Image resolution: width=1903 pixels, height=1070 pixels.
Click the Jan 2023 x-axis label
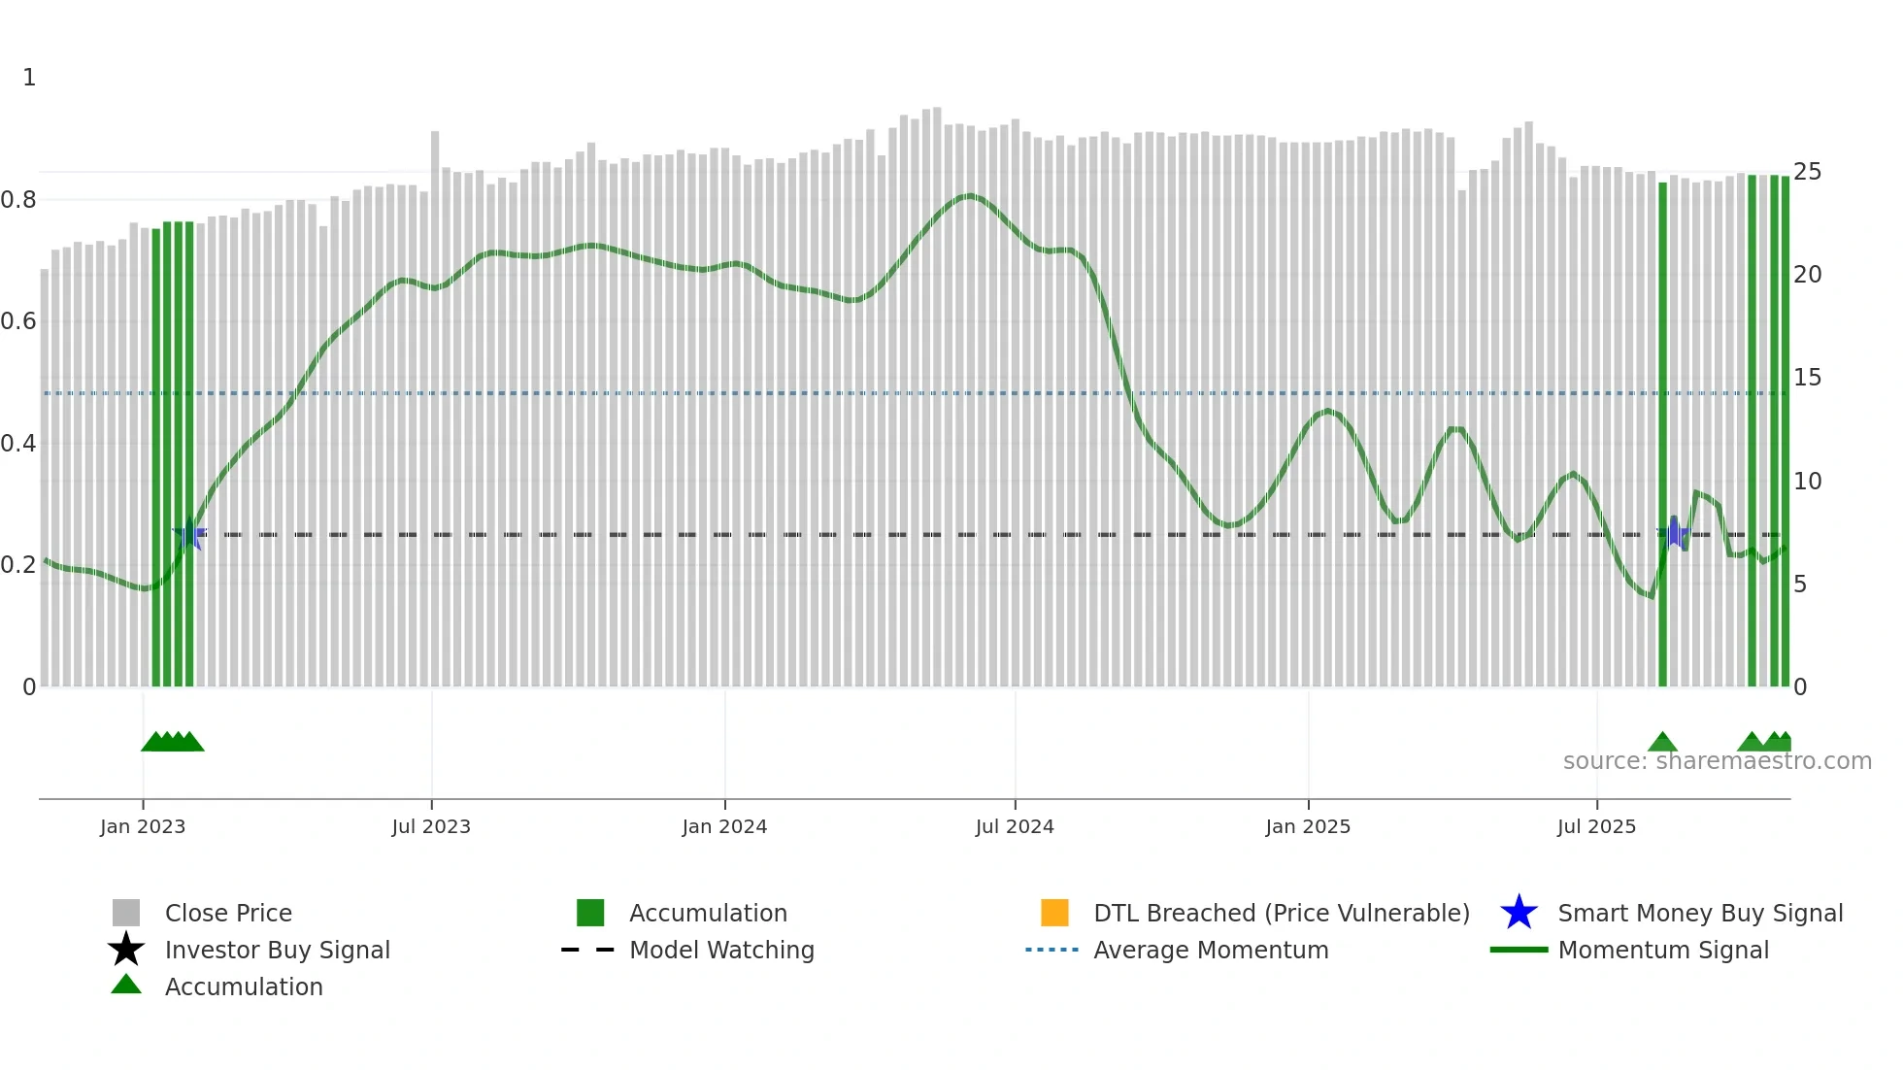point(143,826)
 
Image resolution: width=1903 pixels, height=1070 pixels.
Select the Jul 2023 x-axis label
point(431,826)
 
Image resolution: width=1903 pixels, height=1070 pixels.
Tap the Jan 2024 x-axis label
point(724,826)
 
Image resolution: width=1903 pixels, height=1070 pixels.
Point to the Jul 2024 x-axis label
point(1015,826)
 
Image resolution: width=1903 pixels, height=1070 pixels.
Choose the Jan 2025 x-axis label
point(1308,826)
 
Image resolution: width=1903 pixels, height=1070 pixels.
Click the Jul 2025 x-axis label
point(1596,826)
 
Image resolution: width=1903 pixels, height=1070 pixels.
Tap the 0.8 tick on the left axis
point(19,200)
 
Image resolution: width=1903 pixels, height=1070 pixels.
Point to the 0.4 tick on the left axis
point(19,444)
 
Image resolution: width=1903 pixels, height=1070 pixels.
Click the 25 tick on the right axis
point(1807,172)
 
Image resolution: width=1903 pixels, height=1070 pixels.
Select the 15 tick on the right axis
point(1807,378)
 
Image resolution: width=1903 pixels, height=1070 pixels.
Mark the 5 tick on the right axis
point(1800,585)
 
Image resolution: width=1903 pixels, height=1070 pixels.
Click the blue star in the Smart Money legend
point(1519,913)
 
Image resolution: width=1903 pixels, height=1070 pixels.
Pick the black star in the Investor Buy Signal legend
point(126,950)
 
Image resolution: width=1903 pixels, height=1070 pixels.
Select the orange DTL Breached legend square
point(1054,913)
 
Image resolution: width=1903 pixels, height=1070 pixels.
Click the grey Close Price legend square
point(126,913)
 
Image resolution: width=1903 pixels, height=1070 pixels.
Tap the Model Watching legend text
point(721,950)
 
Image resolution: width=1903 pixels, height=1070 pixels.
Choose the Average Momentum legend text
point(1211,950)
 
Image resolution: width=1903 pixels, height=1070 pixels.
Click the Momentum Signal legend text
point(1663,950)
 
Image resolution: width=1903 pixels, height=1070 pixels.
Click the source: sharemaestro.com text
point(1717,761)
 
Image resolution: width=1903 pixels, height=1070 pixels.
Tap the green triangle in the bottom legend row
point(126,985)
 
